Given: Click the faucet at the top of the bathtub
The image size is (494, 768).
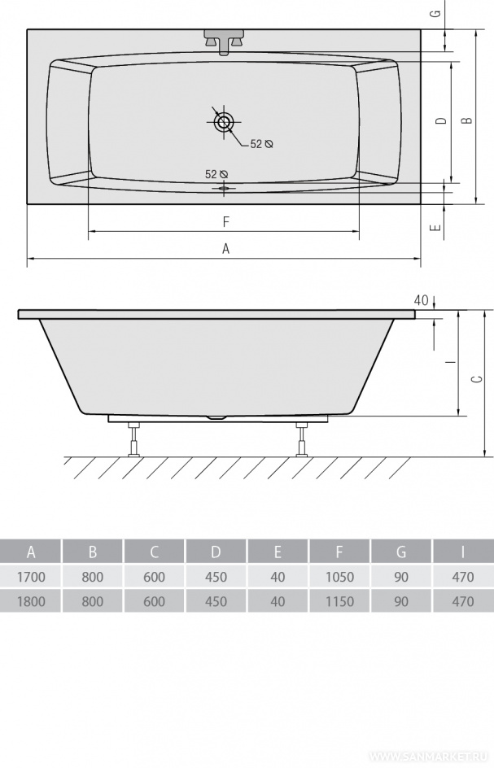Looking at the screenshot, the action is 225,42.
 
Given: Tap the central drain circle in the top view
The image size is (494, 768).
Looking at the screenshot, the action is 225,122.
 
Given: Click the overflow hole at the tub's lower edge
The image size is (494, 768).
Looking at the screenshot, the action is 225,188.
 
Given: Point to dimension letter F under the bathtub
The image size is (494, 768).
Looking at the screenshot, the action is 225,222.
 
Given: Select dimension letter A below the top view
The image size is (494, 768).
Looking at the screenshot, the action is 225,249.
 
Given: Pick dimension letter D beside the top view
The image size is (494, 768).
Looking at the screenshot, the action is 442,120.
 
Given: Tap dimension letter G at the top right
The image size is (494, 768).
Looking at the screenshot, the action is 435,13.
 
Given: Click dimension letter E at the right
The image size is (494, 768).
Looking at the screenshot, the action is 435,227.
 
